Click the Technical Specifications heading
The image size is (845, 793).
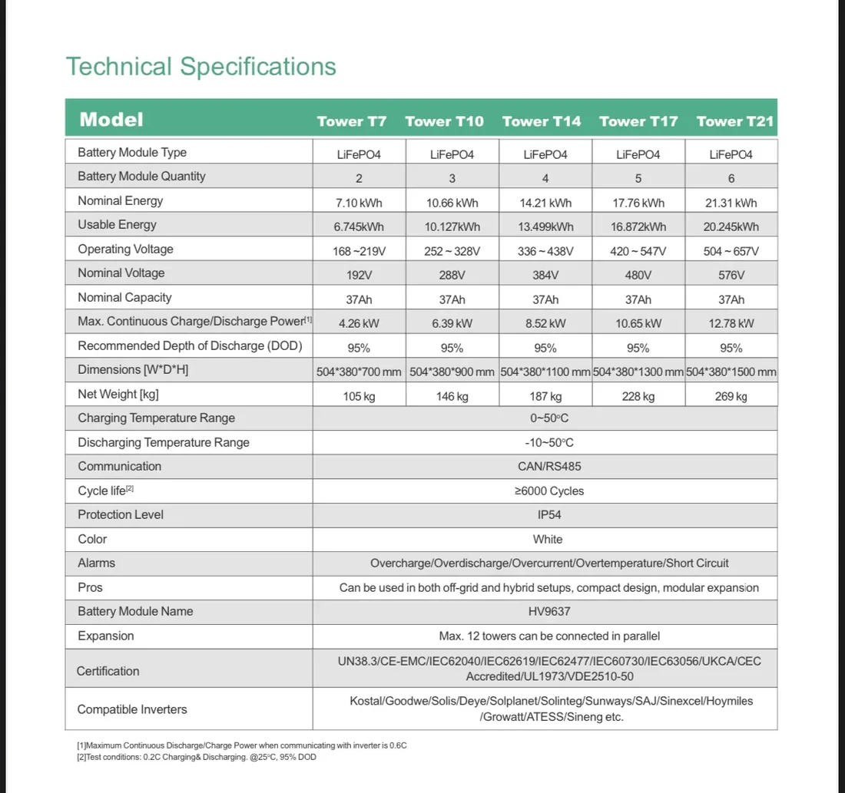coord(200,66)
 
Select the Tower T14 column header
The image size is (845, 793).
coord(542,121)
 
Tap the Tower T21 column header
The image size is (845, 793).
coord(735,121)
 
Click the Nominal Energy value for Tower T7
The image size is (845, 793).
coord(358,203)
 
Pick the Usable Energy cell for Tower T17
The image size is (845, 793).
coord(638,227)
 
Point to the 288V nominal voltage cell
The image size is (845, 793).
coord(452,276)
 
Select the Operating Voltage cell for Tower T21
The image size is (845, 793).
coord(731,251)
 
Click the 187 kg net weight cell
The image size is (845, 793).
coord(545,396)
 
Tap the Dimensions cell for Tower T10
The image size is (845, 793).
coord(452,372)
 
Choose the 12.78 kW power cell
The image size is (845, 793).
coord(731,324)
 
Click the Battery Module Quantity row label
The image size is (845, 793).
coord(141,177)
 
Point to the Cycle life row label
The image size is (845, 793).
coord(105,491)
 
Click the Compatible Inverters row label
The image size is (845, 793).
coord(132,709)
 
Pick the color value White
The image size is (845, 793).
coord(547,539)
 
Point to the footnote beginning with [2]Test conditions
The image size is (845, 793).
coord(196,757)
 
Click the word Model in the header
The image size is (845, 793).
coord(111,119)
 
